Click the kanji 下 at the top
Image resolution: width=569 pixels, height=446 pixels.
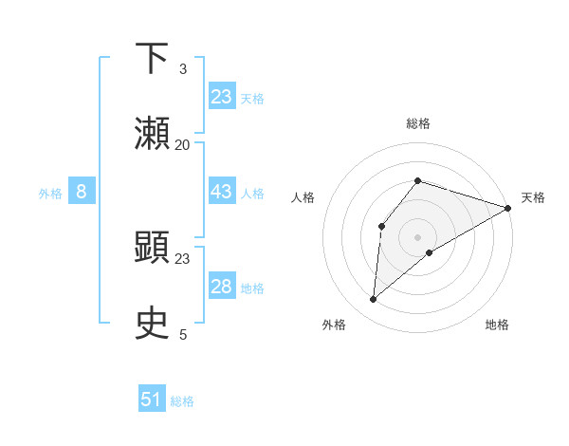click(153, 58)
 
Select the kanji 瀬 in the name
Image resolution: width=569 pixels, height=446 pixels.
click(153, 133)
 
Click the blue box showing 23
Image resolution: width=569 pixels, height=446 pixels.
click(222, 96)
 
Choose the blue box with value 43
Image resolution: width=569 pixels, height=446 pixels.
click(222, 192)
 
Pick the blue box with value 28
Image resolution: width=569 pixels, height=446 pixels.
click(222, 287)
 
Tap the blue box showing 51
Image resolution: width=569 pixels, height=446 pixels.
click(152, 400)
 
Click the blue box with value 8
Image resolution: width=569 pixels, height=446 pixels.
click(82, 192)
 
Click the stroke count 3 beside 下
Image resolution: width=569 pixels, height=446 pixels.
click(183, 69)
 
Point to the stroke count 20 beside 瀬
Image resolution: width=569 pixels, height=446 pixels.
click(183, 145)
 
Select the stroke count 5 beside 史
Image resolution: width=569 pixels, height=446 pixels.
click(183, 335)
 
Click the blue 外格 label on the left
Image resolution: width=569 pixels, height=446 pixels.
click(50, 193)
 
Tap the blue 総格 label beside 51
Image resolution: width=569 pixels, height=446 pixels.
click(182, 401)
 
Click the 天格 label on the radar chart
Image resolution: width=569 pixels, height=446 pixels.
click(533, 197)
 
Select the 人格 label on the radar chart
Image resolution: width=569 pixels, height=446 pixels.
click(303, 197)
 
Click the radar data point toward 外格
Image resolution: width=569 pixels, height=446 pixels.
click(374, 300)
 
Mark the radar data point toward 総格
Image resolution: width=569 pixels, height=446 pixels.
click(418, 180)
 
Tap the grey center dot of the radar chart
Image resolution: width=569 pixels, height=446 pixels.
click(418, 236)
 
